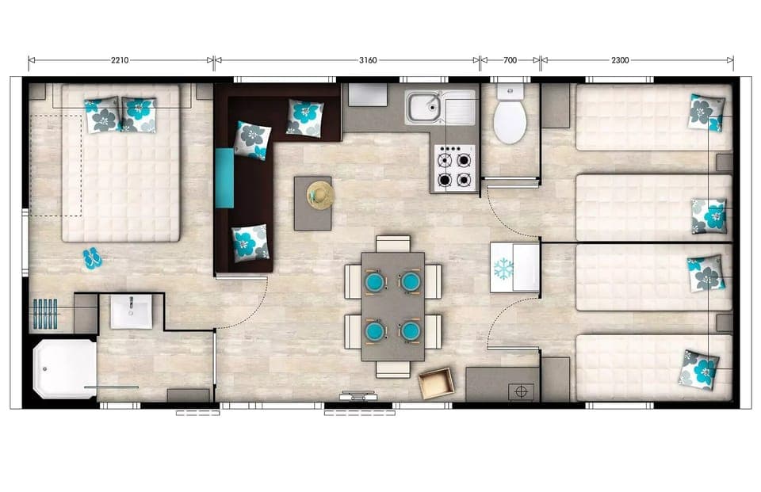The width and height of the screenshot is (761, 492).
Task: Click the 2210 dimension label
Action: click(120, 59)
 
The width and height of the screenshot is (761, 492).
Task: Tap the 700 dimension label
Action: click(510, 59)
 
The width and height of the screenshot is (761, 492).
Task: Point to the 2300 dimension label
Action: click(621, 59)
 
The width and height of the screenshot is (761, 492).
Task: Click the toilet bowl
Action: click(510, 121)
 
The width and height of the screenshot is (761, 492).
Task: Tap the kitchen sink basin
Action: click(424, 106)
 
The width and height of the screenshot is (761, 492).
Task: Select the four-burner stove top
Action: click(455, 168)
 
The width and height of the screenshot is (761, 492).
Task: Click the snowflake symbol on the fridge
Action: click(503, 268)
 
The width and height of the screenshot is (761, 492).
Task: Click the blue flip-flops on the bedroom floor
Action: click(92, 257)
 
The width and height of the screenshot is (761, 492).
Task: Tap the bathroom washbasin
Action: click(131, 311)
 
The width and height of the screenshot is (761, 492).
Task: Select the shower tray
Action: click(65, 368)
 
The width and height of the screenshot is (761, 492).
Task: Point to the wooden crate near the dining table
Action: click(437, 384)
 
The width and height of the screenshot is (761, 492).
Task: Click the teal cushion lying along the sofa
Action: click(224, 178)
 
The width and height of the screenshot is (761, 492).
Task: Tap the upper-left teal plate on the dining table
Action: click(374, 281)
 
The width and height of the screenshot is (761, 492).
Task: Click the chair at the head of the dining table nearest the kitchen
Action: click(393, 243)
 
